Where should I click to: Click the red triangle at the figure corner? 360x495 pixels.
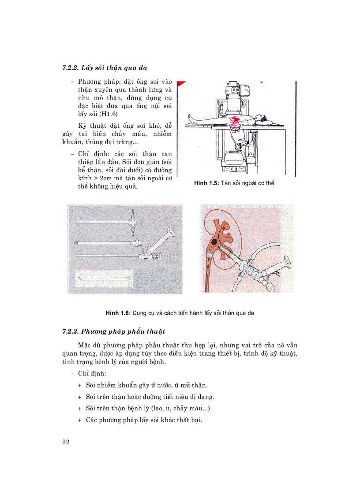click(x=181, y=82)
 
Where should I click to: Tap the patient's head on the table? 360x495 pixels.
click(x=262, y=118)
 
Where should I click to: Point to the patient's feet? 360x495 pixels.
click(x=189, y=117)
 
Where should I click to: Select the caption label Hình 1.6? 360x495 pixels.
click(x=118, y=313)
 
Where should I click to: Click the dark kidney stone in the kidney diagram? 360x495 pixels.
click(x=214, y=242)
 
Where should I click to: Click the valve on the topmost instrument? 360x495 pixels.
click(x=131, y=219)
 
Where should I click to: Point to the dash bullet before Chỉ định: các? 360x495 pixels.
click(x=72, y=154)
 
